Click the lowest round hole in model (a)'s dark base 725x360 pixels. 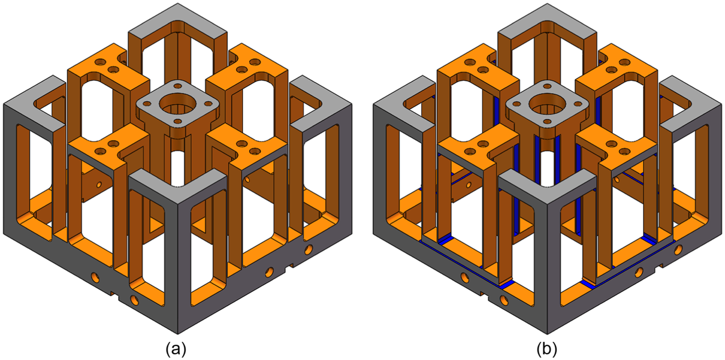tap(134, 300)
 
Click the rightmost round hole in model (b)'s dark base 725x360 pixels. tap(678, 250)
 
